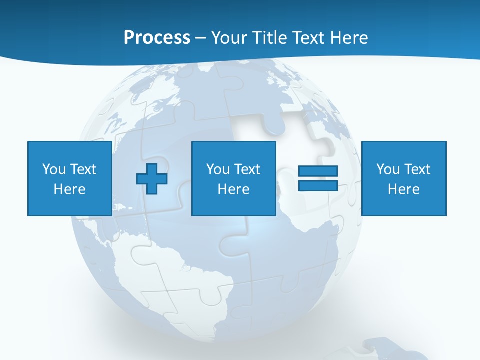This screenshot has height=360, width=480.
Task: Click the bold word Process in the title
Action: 157,38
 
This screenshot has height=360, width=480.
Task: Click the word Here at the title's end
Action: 349,38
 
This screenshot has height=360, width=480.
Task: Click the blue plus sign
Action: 152,178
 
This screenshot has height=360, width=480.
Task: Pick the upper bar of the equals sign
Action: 318,171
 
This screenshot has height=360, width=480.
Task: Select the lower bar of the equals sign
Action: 318,185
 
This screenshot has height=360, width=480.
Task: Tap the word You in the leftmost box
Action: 54,169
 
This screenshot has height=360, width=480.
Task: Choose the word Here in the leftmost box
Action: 69,189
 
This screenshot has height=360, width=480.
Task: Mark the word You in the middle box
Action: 218,169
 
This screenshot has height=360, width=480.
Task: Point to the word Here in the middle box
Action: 233,189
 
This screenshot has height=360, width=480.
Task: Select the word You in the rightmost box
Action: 388,169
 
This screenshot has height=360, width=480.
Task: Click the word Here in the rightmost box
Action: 403,189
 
